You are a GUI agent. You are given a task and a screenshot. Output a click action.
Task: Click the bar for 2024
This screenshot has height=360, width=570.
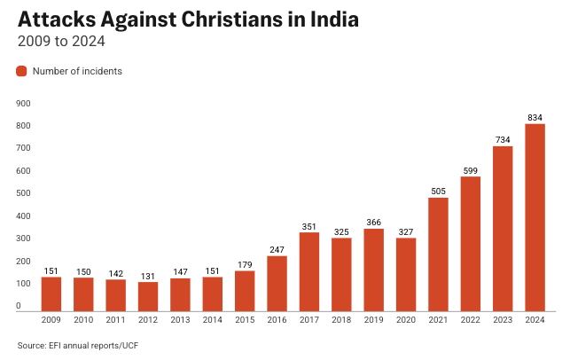[535, 217]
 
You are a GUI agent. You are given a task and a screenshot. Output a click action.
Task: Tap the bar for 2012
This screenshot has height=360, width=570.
[148, 296]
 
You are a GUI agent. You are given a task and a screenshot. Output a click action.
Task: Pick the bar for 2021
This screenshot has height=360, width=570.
[438, 254]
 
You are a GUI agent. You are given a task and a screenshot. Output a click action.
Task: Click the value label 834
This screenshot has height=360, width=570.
[535, 117]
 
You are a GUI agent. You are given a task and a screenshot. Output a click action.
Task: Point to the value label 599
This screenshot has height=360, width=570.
[471, 170]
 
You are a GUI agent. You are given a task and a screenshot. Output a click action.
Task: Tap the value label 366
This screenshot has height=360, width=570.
[373, 223]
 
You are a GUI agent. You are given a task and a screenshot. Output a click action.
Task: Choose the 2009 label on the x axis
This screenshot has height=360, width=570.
[51, 320]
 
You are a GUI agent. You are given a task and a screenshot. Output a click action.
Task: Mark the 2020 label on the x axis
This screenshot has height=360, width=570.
[406, 320]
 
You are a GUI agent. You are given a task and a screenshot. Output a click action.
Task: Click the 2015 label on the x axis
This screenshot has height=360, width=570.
[245, 320]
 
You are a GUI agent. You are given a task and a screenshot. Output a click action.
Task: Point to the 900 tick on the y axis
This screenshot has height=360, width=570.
[24, 104]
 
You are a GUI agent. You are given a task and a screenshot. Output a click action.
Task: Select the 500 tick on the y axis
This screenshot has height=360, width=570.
[24, 193]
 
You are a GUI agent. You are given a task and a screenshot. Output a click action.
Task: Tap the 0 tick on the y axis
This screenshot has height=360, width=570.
[19, 307]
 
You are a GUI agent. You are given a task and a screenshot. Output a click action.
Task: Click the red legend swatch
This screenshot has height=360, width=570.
[22, 71]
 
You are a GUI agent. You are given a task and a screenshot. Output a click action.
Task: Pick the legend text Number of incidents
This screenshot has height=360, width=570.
[77, 71]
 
